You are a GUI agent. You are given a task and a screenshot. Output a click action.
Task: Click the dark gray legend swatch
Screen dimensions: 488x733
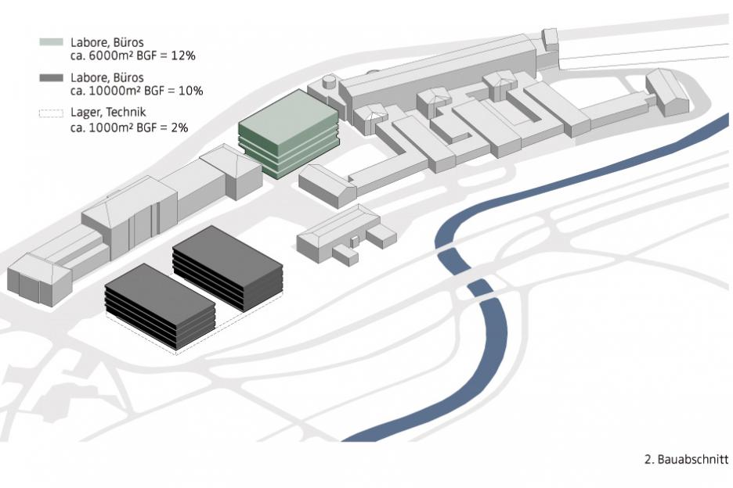click(x=52, y=77)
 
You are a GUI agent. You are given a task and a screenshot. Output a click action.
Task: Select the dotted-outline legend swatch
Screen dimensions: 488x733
click(x=52, y=114)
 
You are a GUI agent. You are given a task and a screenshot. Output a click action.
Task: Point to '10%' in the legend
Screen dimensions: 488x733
click(x=190, y=91)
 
